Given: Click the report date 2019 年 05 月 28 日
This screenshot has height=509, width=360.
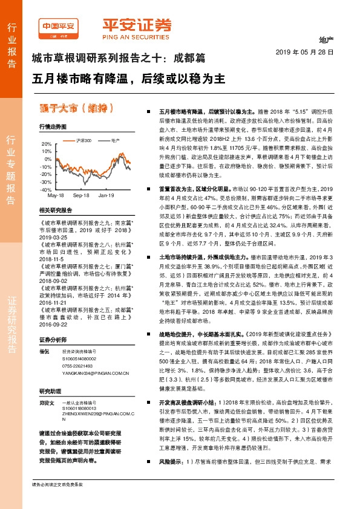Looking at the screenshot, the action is click(309, 53).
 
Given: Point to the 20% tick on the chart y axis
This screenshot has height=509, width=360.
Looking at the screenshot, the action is click(47, 144).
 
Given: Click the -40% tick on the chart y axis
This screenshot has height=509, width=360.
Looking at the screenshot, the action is click(46, 190).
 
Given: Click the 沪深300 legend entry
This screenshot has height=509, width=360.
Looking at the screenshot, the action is click(84, 140).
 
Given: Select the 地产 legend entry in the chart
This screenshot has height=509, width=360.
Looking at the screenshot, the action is click(115, 140).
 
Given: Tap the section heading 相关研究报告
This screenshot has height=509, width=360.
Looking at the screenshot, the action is click(55, 210).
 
